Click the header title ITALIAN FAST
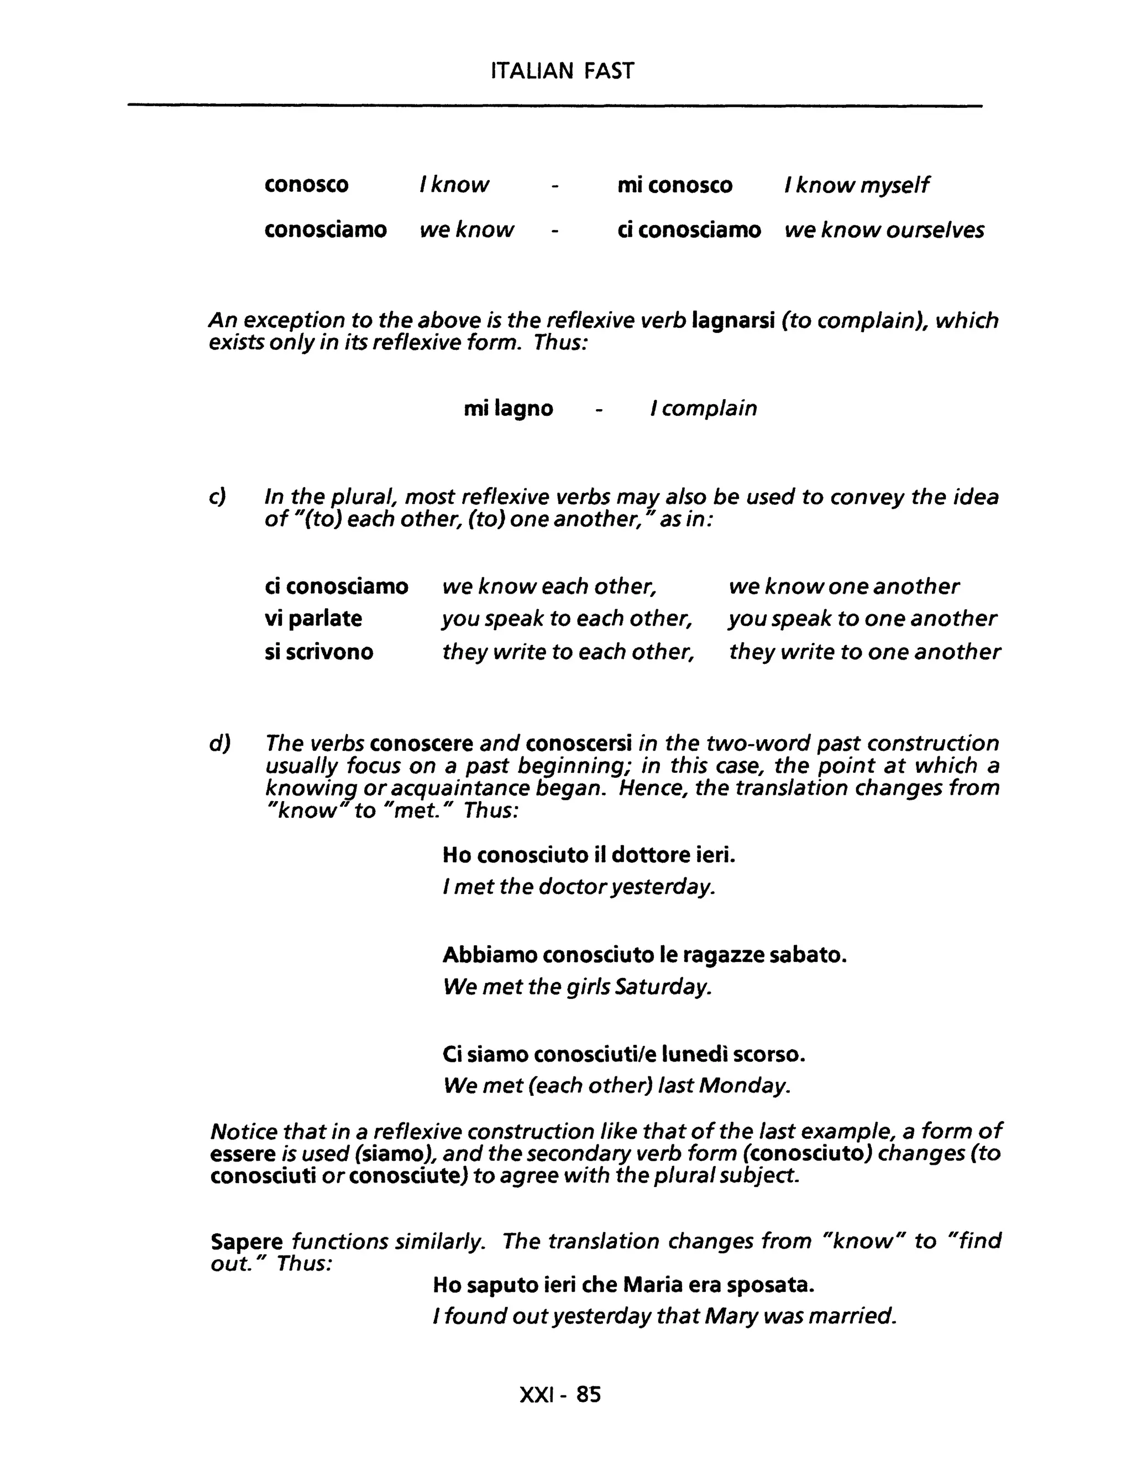pyautogui.click(x=562, y=71)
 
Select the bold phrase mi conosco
pyautogui.click(x=675, y=185)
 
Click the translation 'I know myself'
pyautogui.click(x=856, y=185)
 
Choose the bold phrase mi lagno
pyautogui.click(x=509, y=409)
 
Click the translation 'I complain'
pyautogui.click(x=704, y=409)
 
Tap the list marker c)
pyautogui.click(x=217, y=497)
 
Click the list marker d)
pyautogui.click(x=219, y=743)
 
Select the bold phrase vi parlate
pyautogui.click(x=313, y=619)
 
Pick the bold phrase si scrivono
pyautogui.click(x=318, y=652)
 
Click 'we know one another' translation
pyautogui.click(x=843, y=586)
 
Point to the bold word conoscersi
pyautogui.click(x=579, y=743)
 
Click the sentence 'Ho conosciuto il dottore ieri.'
pyautogui.click(x=589, y=855)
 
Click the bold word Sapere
pyautogui.click(x=247, y=1242)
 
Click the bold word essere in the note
pyautogui.click(x=242, y=1154)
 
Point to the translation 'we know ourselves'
pyautogui.click(x=884, y=230)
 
